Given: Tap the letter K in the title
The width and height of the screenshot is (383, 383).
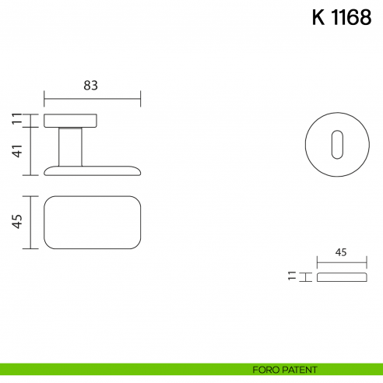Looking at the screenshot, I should [318, 19].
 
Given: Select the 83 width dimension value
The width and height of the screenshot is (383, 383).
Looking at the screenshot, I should [91, 86].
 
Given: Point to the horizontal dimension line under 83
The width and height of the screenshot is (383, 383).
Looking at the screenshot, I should [92, 99].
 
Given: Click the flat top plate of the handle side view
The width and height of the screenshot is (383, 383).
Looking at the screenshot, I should [70, 120].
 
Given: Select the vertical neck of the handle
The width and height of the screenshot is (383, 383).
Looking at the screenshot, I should [70, 146].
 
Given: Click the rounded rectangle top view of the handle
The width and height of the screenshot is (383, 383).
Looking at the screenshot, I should [92, 222].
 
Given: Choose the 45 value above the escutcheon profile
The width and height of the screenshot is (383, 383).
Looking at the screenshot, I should [340, 252].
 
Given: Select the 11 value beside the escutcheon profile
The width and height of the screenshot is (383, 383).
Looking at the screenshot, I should [292, 276].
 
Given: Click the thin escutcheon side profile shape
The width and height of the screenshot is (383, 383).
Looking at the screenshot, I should [340, 276].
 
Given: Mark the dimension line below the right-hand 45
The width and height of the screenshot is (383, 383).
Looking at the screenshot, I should [340, 263].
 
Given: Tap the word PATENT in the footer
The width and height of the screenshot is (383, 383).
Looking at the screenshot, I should [300, 370].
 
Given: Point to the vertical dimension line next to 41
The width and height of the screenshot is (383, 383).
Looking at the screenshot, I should [30, 151].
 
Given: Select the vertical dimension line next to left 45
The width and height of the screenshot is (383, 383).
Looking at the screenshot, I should [30, 222].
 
